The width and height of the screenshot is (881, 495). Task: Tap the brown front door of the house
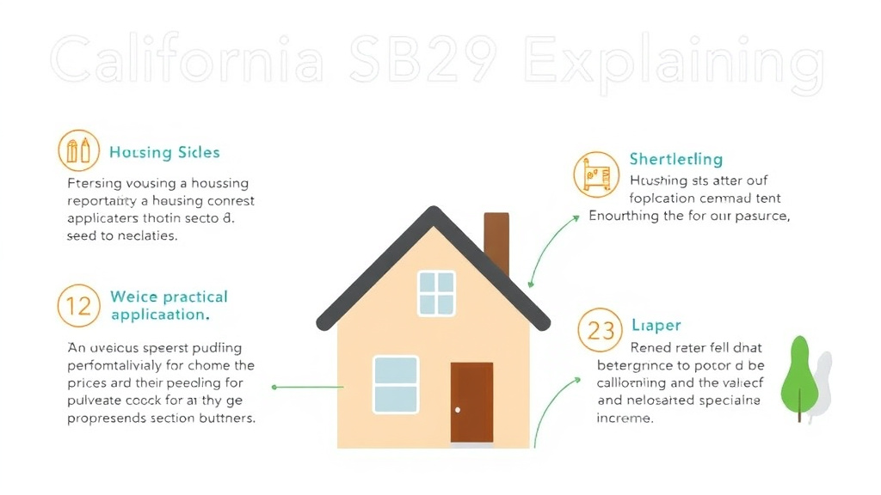point(471,401)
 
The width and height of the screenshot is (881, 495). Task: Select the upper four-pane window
point(436,293)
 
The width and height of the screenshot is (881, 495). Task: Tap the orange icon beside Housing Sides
point(78,151)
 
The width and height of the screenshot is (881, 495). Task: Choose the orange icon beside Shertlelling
point(596,174)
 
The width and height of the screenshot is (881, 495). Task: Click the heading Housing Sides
point(164,153)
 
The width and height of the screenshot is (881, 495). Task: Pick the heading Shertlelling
point(675,159)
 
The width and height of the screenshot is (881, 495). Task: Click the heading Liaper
point(656,326)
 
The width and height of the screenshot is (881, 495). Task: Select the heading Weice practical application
point(169,305)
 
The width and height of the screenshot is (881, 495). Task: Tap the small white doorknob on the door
point(458,409)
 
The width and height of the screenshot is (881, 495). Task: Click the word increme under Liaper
point(625,419)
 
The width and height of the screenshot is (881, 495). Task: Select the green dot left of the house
point(274,387)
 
